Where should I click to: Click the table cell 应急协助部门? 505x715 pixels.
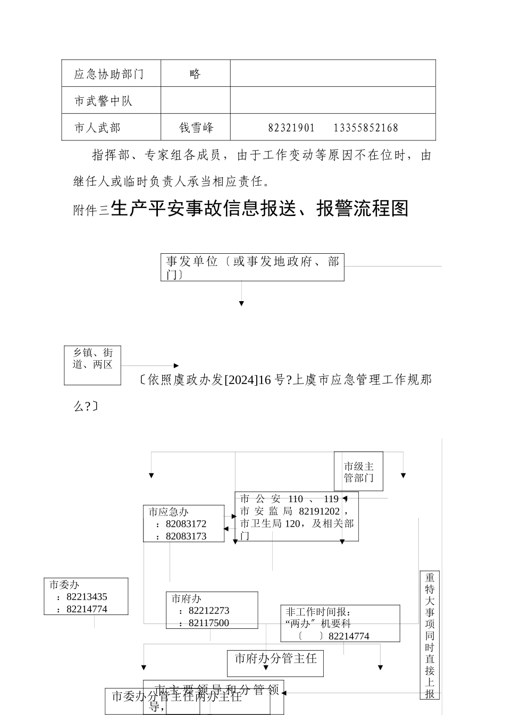pyautogui.click(x=109, y=74)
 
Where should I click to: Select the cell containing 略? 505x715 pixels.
pyautogui.click(x=195, y=74)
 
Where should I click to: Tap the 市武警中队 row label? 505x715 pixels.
pyautogui.click(x=103, y=101)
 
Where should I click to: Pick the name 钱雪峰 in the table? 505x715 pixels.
pyautogui.click(x=196, y=128)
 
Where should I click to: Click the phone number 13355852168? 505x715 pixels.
pyautogui.click(x=366, y=128)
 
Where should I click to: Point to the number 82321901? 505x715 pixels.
pyautogui.click(x=291, y=128)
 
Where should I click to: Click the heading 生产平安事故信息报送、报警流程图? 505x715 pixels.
pyautogui.click(x=260, y=209)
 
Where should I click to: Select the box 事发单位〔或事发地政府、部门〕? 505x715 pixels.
pyautogui.click(x=252, y=267)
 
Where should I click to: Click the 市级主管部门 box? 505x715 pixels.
pyautogui.click(x=358, y=471)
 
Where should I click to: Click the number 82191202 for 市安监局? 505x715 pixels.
pyautogui.click(x=319, y=511)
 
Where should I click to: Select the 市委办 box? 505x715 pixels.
pyautogui.click(x=86, y=596)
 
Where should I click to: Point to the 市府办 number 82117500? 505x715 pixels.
pyautogui.click(x=209, y=623)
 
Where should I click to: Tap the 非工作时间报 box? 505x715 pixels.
pyautogui.click(x=340, y=623)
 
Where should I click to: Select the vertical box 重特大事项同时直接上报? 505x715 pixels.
pyautogui.click(x=430, y=635)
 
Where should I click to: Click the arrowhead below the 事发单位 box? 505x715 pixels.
pyautogui.click(x=241, y=303)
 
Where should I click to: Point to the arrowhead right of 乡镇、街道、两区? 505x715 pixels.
pyautogui.click(x=176, y=365)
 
